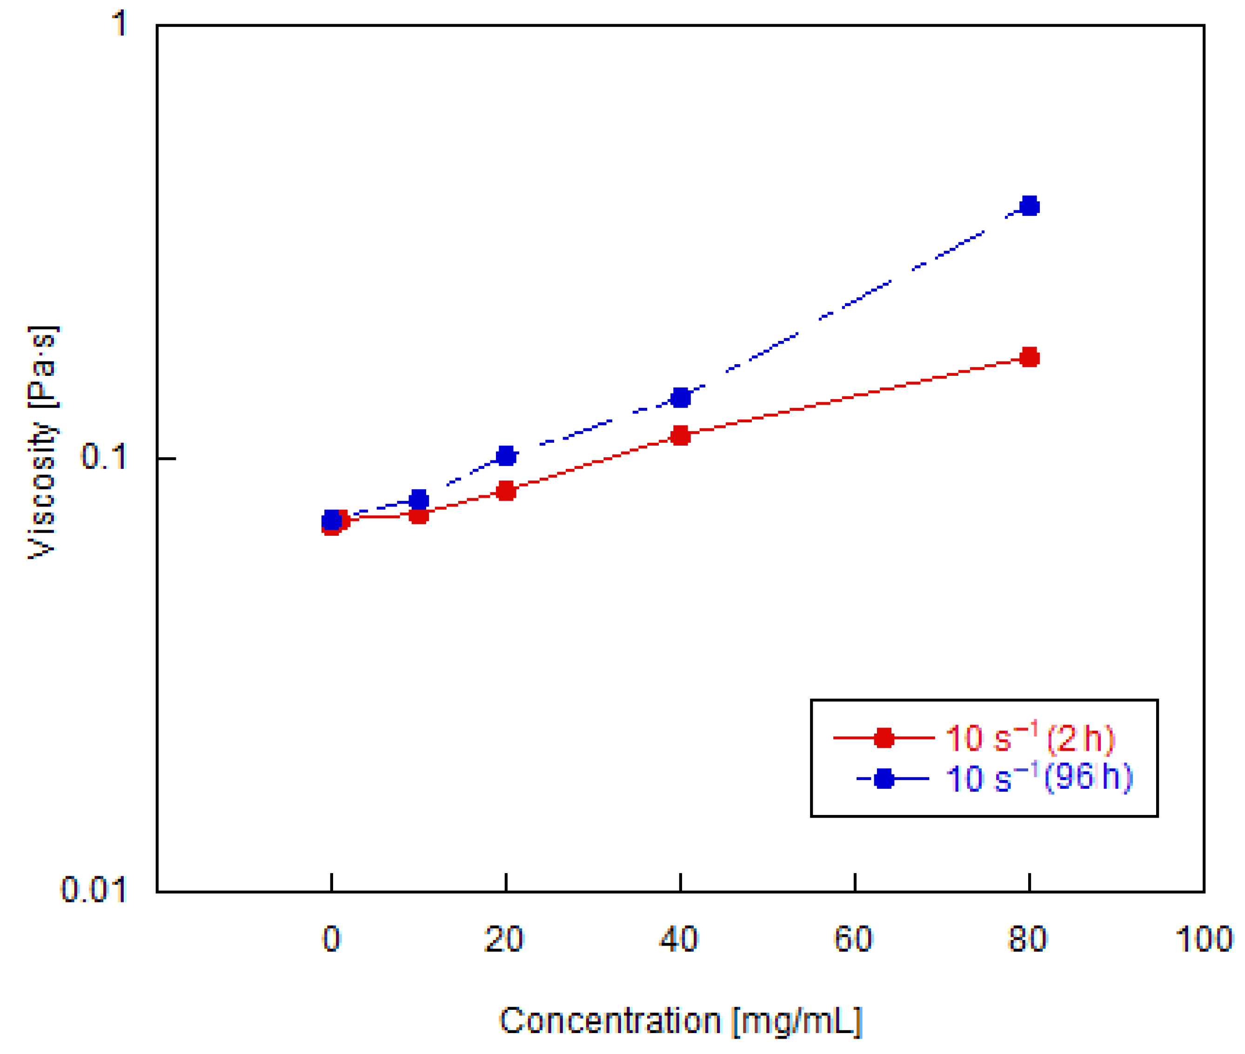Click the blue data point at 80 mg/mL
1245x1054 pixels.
pos(1029,207)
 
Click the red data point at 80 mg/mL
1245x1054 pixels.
pos(1029,358)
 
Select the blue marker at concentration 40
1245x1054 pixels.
pos(680,397)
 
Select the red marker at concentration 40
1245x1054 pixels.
pos(680,436)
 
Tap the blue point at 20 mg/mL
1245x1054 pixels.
pos(506,456)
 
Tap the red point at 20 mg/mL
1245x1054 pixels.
pos(506,491)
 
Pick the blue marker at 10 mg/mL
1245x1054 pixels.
pos(419,500)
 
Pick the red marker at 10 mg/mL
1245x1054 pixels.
pos(419,514)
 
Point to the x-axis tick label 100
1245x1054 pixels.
pos(1204,939)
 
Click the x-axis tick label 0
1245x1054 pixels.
pos(331,939)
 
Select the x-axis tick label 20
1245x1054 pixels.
pos(504,939)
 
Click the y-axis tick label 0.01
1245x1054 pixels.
pos(94,890)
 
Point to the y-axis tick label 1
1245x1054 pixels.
pos(120,24)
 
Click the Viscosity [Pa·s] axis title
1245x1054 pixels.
pos(43,442)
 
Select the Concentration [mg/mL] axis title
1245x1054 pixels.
pos(680,1021)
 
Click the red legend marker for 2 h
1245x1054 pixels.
pos(884,738)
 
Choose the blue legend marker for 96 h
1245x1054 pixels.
pos(884,779)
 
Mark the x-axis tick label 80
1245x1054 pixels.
pos(1027,939)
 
